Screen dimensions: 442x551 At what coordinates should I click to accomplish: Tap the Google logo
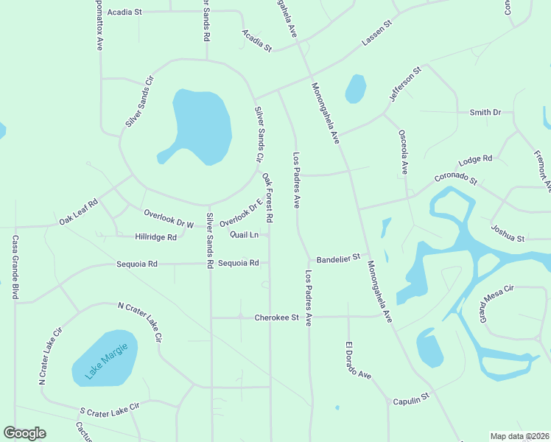tap(24, 433)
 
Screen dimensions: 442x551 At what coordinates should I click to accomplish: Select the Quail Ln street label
tap(244, 235)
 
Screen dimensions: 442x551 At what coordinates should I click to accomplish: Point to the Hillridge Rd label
tap(156, 237)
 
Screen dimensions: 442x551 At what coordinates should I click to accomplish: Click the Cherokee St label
tap(276, 318)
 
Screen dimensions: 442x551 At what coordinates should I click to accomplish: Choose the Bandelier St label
tap(338, 259)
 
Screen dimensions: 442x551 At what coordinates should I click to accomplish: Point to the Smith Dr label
tap(485, 113)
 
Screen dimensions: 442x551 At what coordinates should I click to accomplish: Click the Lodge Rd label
tap(474, 160)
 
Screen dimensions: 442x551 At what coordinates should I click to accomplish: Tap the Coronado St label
tap(456, 178)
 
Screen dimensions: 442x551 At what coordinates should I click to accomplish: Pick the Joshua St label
tap(508, 234)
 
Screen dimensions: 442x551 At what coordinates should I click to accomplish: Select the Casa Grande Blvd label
tap(15, 267)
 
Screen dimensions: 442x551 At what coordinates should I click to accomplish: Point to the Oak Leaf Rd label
tap(78, 213)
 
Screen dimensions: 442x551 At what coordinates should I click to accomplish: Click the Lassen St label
tap(377, 35)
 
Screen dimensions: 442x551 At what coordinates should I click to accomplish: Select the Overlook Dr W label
tap(169, 218)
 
